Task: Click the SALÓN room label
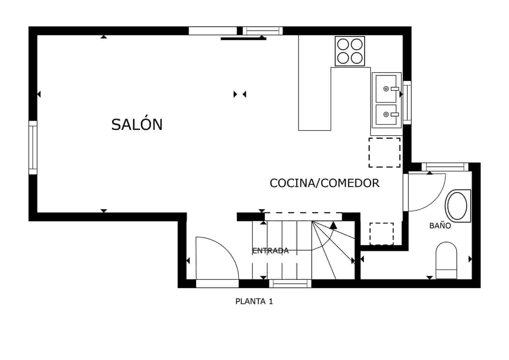(137, 124)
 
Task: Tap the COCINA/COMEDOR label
(324, 183)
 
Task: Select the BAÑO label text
(440, 226)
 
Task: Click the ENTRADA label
(270, 251)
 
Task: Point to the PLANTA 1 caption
(254, 301)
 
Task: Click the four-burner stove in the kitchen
(350, 51)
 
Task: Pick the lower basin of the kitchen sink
(386, 115)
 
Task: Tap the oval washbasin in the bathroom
(457, 206)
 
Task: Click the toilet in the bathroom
(446, 259)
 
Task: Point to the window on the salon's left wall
(33, 147)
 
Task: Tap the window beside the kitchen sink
(407, 102)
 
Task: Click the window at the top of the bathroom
(445, 167)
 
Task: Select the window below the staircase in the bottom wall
(290, 283)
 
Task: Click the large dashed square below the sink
(384, 152)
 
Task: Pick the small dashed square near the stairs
(381, 234)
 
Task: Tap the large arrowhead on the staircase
(333, 226)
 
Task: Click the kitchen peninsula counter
(314, 99)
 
